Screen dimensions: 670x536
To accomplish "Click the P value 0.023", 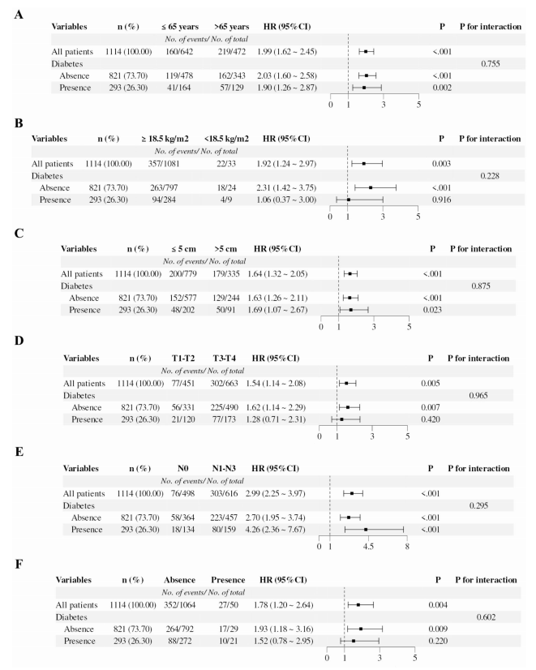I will pos(434,309).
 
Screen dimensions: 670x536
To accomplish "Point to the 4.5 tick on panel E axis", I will pos(368,548).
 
